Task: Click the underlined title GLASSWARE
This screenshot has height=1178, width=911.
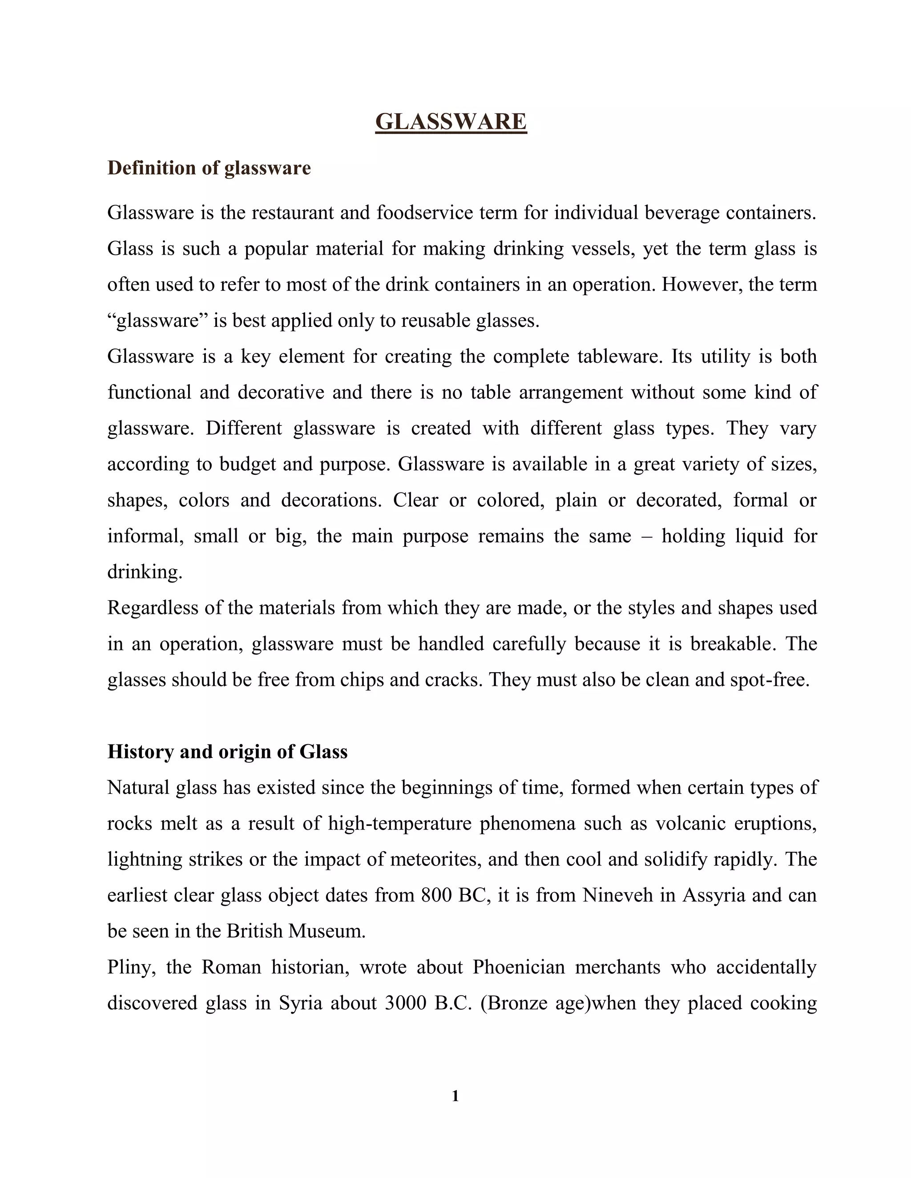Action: pos(451,122)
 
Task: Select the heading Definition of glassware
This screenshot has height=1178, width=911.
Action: pos(209,168)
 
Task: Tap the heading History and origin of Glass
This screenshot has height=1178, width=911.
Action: pos(227,752)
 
